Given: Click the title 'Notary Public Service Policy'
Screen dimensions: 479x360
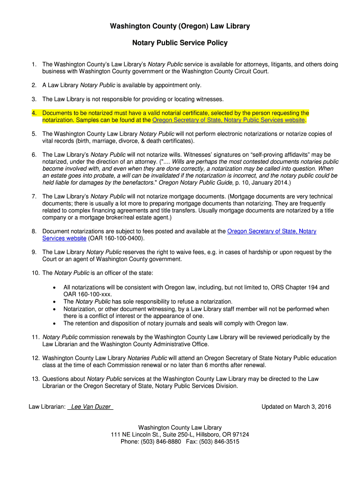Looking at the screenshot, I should click(180, 43).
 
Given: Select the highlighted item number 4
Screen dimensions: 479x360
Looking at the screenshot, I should click(34, 113).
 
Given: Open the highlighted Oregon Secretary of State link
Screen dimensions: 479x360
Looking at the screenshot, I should click(229, 120).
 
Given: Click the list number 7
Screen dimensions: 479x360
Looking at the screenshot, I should click(34, 196).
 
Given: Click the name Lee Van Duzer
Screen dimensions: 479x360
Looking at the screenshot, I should click(91, 406).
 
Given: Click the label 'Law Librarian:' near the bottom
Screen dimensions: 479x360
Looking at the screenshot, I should click(47, 406).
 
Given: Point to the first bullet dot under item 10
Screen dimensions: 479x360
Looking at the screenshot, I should click(56, 287).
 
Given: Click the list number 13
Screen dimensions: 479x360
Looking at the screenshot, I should click(35, 379).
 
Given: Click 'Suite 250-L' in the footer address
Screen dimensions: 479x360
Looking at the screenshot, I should click(173, 435).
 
